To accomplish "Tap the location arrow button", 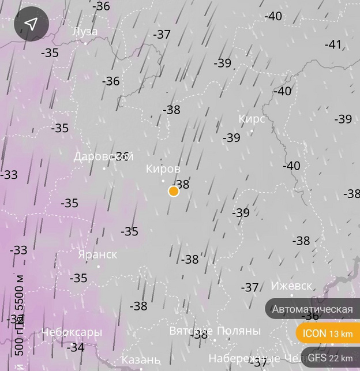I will [x=32, y=24].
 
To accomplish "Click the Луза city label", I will [x=85, y=31].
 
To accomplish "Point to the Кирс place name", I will [x=252, y=119].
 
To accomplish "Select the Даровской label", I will [x=104, y=156].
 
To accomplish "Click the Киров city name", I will [x=163, y=169].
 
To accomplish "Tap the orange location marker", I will [x=174, y=191].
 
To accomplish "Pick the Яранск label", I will [x=97, y=254].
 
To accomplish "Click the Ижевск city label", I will [x=291, y=286].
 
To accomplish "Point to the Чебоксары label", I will [x=72, y=332].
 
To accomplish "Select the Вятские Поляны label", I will [x=215, y=331].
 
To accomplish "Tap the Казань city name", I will [x=141, y=360].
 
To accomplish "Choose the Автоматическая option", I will [x=312, y=309].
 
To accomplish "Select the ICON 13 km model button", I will [x=327, y=333].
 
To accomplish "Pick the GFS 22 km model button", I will [x=330, y=358].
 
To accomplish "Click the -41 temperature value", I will [x=333, y=44].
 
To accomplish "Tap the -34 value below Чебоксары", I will [x=76, y=347].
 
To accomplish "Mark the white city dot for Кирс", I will [x=252, y=131].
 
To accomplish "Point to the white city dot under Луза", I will [x=85, y=43].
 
